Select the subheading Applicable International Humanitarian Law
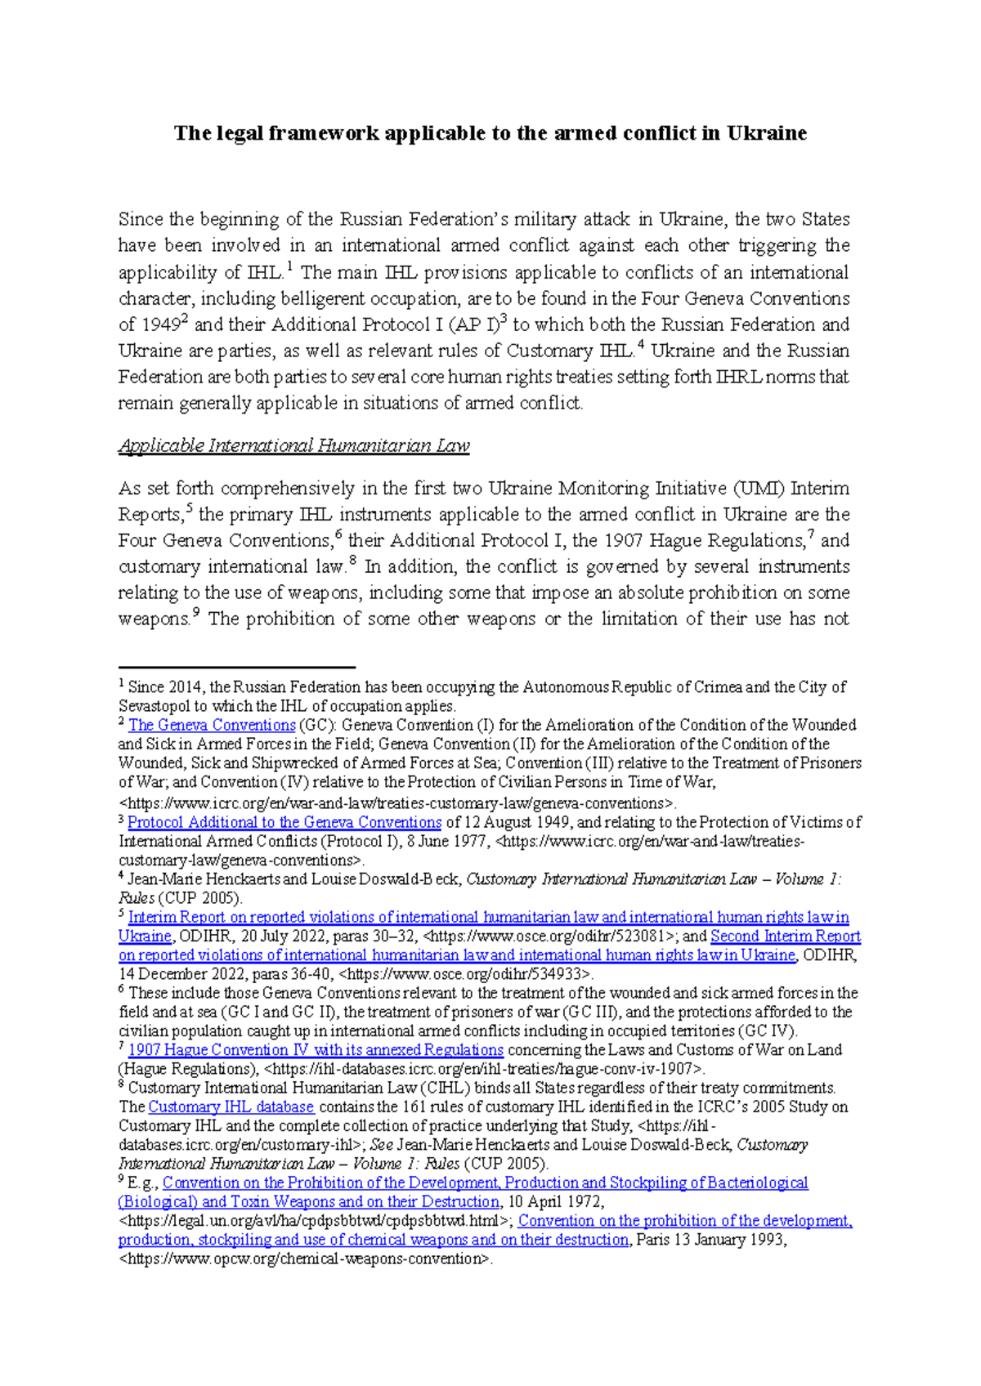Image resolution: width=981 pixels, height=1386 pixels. click(293, 445)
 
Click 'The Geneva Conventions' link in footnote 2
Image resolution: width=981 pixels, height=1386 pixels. click(212, 725)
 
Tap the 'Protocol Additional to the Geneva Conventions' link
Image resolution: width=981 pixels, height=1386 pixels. click(284, 822)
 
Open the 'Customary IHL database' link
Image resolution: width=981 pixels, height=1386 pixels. click(231, 1107)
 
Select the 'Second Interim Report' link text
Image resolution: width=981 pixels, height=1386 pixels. click(785, 936)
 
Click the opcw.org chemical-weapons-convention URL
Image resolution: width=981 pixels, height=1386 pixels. click(306, 1259)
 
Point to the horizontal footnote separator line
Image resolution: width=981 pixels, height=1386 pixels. click(236, 668)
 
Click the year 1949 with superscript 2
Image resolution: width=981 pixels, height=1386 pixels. click(160, 325)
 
